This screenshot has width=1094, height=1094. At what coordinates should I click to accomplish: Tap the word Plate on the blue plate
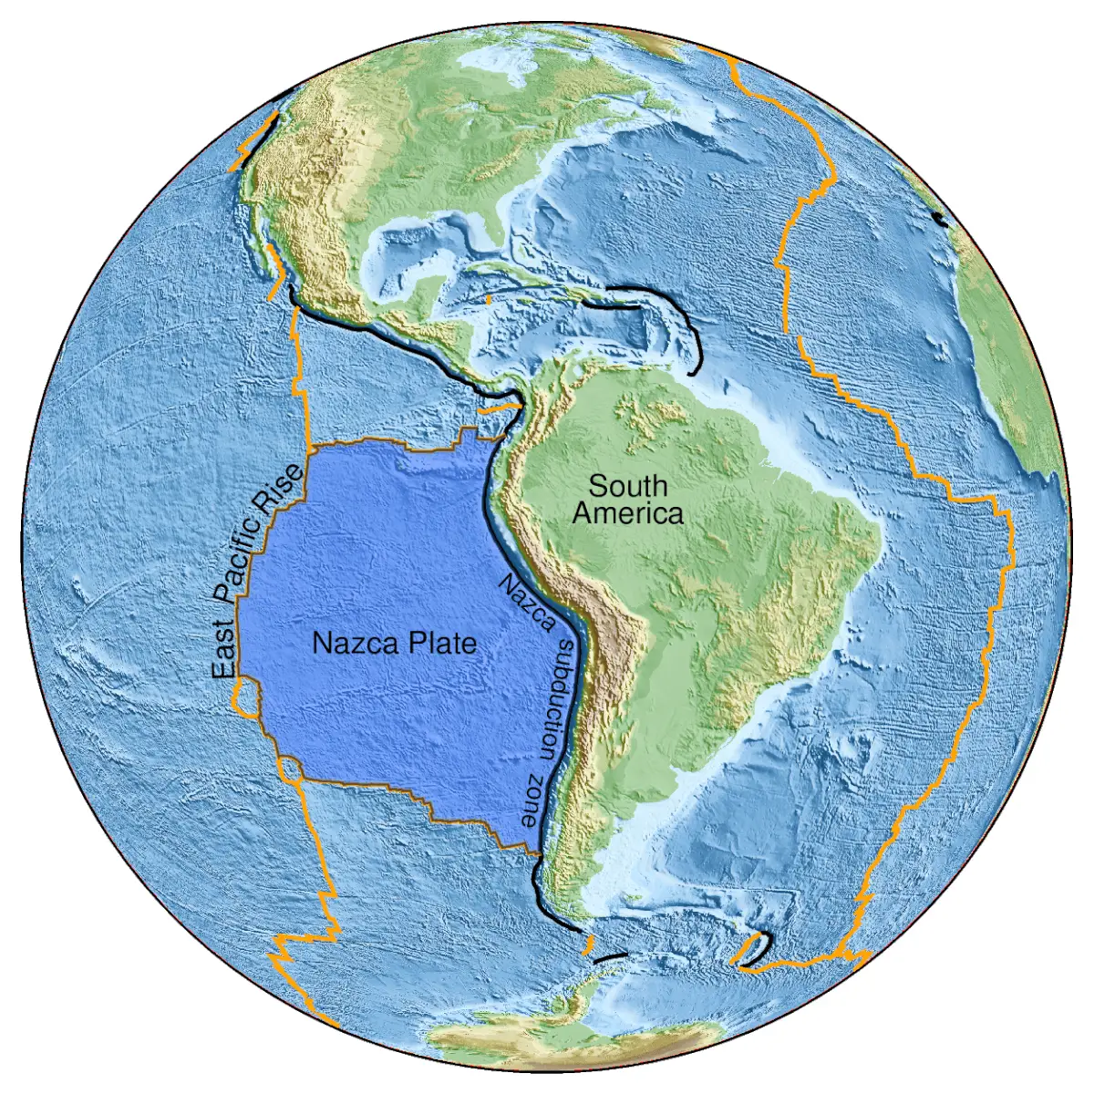click(x=441, y=644)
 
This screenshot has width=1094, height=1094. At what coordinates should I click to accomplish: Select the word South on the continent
click(x=627, y=486)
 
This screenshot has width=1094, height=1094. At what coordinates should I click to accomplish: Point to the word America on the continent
click(x=627, y=513)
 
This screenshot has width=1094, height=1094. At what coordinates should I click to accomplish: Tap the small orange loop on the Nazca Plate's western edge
click(x=245, y=702)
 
